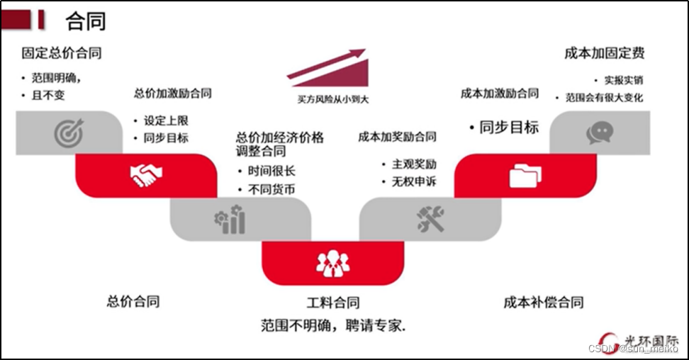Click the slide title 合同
(x=86, y=21)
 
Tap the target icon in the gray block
(x=69, y=133)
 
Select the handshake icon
(x=146, y=175)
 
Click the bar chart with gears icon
(x=230, y=220)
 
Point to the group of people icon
(x=332, y=263)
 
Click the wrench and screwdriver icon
(x=430, y=220)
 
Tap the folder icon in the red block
(x=525, y=175)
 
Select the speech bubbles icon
(x=600, y=133)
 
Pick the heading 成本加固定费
(x=605, y=53)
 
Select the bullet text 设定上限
(x=167, y=121)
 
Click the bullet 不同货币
(x=271, y=189)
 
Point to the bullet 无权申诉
(x=414, y=181)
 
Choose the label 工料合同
(x=333, y=303)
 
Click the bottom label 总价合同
(x=133, y=301)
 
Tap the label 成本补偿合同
(x=544, y=303)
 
